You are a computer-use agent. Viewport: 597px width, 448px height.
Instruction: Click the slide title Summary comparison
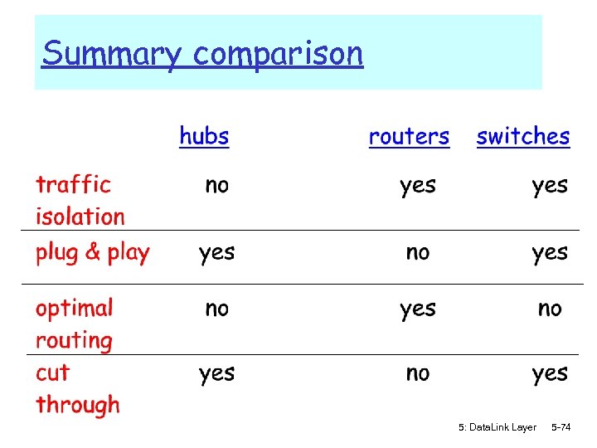202,55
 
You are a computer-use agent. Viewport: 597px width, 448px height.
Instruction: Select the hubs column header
204,136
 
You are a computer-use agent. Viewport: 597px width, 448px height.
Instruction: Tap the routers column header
409,137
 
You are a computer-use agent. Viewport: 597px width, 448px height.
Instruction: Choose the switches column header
523,137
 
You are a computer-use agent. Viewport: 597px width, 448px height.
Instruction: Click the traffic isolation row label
80,200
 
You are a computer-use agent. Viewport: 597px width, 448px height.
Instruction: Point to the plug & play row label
92,253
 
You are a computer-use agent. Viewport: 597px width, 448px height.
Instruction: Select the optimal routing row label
74,324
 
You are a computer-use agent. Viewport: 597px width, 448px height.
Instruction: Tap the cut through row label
77,389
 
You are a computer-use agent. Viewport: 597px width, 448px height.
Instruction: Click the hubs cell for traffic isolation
216,186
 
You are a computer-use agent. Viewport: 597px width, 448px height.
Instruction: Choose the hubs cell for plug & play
216,253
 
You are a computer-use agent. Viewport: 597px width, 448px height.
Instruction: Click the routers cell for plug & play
417,252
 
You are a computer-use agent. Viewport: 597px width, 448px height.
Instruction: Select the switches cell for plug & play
550,253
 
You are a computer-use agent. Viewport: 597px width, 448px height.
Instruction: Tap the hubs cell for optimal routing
216,309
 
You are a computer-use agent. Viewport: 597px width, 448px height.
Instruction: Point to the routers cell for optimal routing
417,309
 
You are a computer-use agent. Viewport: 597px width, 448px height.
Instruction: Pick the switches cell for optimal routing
550,309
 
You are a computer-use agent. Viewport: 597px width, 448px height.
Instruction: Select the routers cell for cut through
417,374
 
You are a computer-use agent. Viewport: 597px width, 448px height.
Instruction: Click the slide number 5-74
561,427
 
